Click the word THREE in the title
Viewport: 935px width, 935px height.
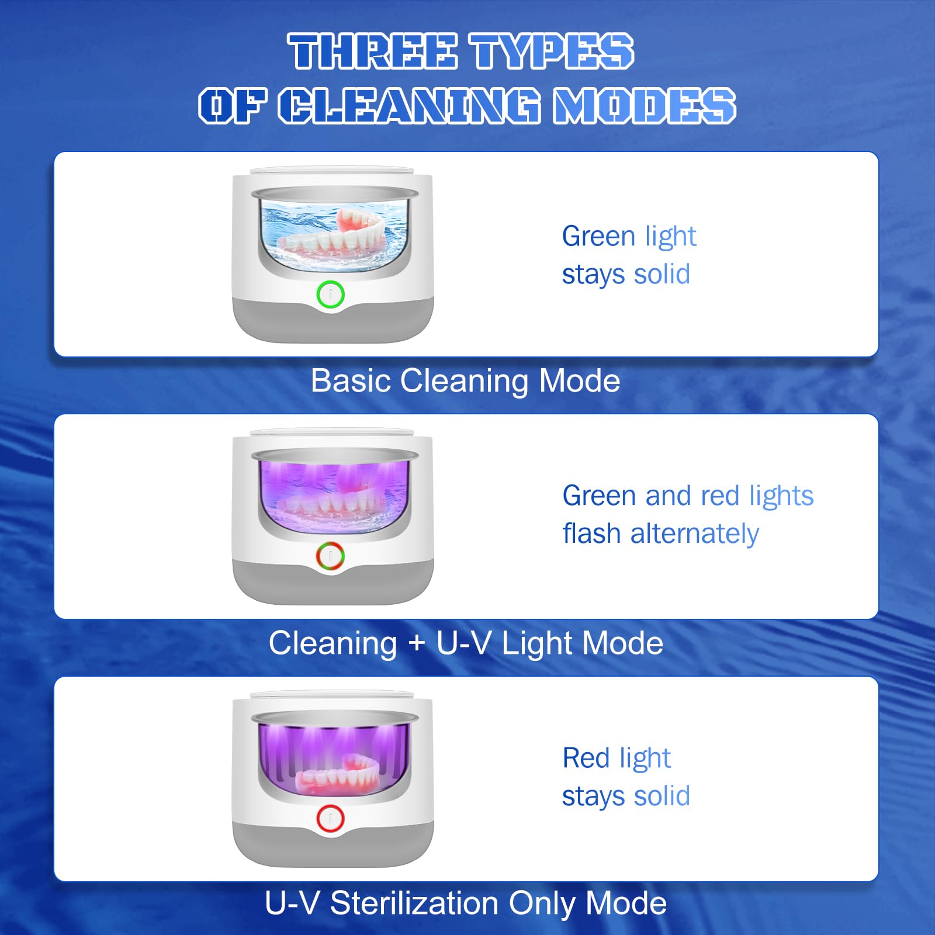point(372,51)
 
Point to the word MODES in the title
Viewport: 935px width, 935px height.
point(645,106)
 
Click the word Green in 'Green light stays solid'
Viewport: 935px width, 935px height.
point(598,236)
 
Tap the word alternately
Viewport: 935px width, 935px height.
point(694,534)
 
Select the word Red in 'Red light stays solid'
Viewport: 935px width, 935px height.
point(586,758)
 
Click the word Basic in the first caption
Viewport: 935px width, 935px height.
point(351,381)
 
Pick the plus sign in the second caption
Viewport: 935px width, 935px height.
point(417,643)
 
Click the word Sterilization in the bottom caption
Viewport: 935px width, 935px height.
point(414,903)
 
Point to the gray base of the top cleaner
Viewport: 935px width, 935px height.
point(333,321)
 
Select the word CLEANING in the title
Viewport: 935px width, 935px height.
point(409,106)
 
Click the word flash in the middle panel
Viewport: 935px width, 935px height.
point(591,533)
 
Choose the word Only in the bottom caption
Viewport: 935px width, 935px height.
point(542,903)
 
